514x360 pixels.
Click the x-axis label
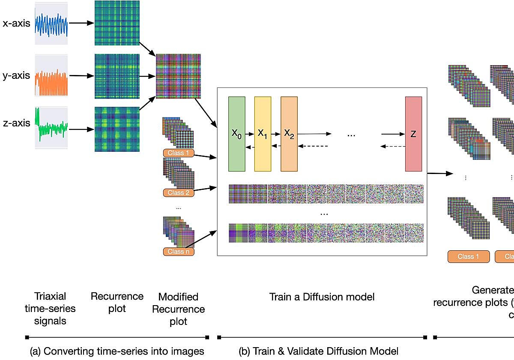pos(16,23)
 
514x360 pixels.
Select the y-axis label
pos(16,76)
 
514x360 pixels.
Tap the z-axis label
pos(16,123)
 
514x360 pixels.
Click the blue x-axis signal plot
pos(51,23)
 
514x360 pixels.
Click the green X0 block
pos(237,134)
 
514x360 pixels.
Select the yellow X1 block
pos(263,134)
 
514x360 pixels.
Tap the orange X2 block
pos(289,134)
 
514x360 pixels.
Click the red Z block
pos(413,134)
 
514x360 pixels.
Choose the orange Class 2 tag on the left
pos(178,193)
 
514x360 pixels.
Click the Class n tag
pos(178,252)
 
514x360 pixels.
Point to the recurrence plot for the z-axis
pos(117,129)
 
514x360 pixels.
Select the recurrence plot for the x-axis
pos(117,23)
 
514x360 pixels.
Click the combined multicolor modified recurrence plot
pos(178,76)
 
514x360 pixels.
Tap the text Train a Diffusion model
pos(322,297)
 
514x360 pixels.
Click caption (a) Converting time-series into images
pos(117,351)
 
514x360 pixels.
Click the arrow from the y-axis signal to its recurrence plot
pos(81,76)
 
